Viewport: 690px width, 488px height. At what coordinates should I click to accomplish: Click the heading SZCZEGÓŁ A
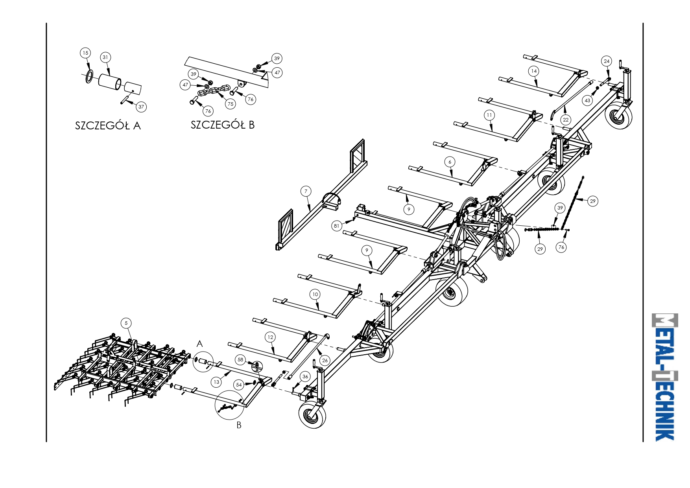(108, 125)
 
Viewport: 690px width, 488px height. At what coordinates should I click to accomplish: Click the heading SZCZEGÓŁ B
(223, 125)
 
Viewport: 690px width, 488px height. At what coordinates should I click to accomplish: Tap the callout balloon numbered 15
(85, 53)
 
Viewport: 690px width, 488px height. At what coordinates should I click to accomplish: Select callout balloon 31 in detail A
(105, 57)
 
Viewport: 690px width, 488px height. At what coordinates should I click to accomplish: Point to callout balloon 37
(141, 107)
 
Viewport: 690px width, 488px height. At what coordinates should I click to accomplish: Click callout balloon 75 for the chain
(231, 104)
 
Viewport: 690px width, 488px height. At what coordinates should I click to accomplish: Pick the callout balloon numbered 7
(306, 192)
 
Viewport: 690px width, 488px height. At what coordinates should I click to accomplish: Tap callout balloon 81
(336, 226)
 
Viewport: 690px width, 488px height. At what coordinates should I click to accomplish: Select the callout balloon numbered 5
(126, 323)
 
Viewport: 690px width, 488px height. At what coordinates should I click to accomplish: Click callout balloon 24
(607, 61)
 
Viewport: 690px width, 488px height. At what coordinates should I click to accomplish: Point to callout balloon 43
(587, 100)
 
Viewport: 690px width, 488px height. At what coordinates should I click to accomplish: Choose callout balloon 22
(566, 120)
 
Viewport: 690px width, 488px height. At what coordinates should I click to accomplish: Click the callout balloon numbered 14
(534, 71)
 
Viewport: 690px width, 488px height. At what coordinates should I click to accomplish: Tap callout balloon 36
(305, 376)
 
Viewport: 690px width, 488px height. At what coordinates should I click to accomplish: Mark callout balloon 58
(241, 360)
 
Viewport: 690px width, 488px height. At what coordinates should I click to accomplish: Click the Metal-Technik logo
(664, 377)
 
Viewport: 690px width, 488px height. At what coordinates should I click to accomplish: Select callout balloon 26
(325, 360)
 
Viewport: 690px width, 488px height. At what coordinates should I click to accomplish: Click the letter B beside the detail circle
(239, 425)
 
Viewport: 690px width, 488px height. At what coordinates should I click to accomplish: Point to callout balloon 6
(450, 162)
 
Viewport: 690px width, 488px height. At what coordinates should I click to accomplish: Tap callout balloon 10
(315, 294)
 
